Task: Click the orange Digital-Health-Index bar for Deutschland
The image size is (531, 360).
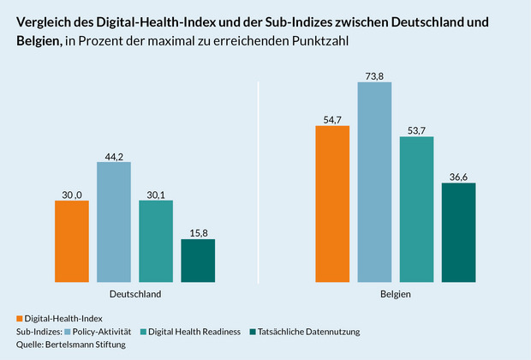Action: point(71,241)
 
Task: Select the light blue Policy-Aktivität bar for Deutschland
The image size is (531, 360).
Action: point(114,221)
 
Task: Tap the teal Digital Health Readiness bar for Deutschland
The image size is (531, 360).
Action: point(156,241)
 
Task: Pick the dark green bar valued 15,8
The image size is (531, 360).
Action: point(198,260)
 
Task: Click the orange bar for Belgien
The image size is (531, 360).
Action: point(332,204)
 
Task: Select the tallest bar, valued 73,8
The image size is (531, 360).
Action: point(374,182)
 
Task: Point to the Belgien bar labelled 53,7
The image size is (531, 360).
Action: point(416,208)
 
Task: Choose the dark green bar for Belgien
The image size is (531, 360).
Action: point(458,232)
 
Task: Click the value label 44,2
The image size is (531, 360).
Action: point(114,155)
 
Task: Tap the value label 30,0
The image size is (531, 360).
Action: point(71,194)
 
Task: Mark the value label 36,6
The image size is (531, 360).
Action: point(458,177)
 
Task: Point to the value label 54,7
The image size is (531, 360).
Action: point(332,120)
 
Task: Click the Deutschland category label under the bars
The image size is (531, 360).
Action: point(134,294)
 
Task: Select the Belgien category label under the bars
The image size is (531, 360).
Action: point(395,294)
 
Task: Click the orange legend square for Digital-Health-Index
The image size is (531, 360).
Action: point(20,318)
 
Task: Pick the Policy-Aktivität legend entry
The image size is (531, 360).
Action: point(102,331)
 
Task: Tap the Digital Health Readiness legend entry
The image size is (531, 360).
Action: point(194,331)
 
